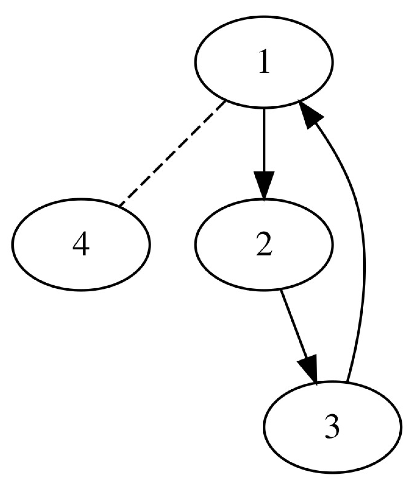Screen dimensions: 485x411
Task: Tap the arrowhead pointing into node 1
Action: [309, 114]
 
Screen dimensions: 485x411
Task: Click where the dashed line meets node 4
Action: [119, 206]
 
